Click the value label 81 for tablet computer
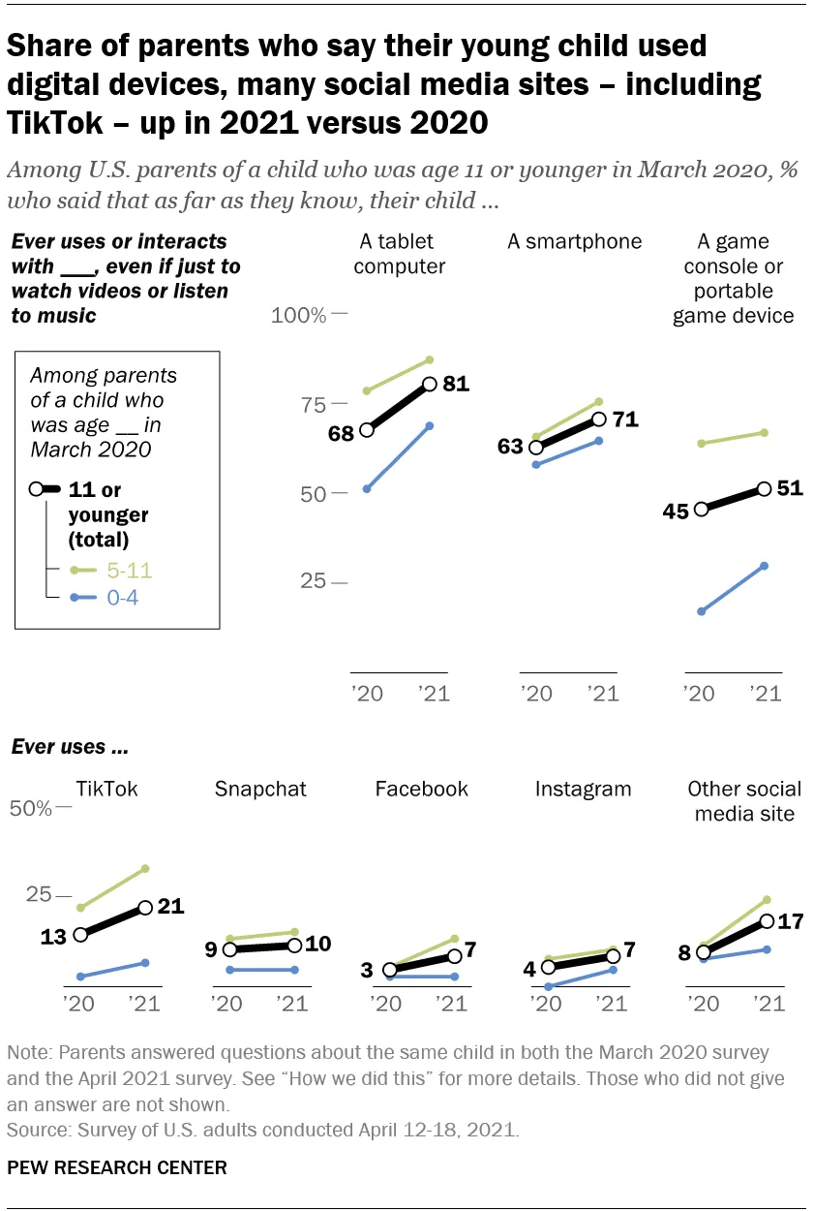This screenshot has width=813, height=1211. coord(455,384)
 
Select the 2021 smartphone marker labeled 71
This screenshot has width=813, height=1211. coord(599,419)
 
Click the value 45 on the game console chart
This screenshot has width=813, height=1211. coord(677,510)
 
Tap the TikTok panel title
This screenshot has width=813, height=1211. coord(106,789)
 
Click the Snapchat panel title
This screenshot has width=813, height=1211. coord(260,789)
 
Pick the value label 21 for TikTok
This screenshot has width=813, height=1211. coord(170,907)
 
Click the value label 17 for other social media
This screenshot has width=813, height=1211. coord(791,920)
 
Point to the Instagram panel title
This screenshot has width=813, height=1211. coord(583,789)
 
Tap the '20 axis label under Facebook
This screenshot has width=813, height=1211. coord(387,1004)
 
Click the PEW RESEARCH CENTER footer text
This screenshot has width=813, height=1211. coord(117,1167)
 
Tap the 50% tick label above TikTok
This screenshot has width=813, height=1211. coord(30,808)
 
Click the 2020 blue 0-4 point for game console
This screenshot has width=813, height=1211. coord(702,611)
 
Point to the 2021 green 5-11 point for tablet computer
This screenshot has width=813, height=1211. coord(429,359)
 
